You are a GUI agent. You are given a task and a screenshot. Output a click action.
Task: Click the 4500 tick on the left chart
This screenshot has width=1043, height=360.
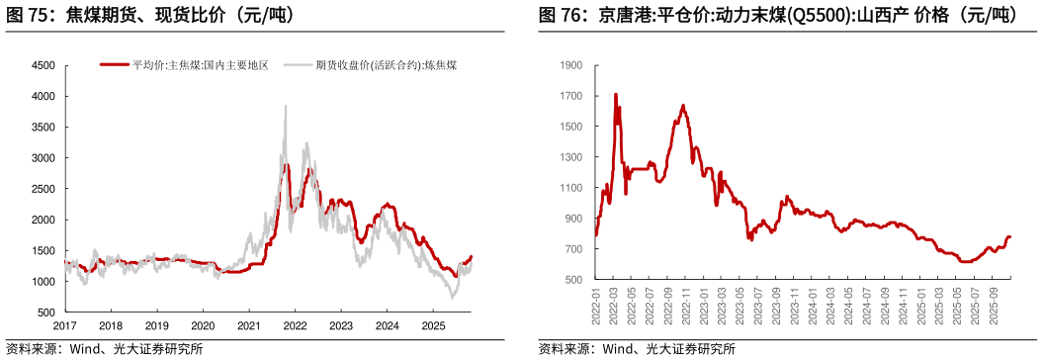click(x=43, y=65)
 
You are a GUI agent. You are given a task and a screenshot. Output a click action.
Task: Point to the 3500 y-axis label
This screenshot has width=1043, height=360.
click(x=43, y=128)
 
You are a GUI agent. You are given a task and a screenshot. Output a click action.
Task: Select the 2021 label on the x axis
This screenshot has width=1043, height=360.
click(x=248, y=325)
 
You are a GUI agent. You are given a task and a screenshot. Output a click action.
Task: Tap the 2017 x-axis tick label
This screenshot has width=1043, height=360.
click(x=64, y=325)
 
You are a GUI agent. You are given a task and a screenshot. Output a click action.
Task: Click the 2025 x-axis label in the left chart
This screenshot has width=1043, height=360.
click(x=432, y=325)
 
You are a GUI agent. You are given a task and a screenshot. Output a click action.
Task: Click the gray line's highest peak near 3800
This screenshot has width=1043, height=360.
click(x=286, y=106)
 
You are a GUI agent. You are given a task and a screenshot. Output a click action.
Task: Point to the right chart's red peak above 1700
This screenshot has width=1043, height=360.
click(x=616, y=95)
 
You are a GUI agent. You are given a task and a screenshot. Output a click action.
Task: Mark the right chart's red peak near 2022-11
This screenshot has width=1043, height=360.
click(x=683, y=105)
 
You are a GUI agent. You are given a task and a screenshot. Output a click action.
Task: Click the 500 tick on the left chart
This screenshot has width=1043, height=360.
click(x=47, y=313)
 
